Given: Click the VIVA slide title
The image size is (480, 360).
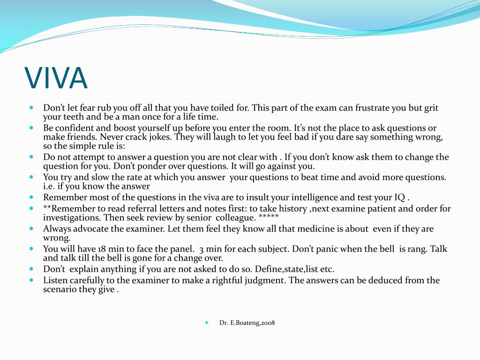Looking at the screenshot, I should pyautogui.click(x=56, y=78).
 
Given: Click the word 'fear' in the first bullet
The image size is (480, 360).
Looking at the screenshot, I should pyautogui.click(x=87, y=108).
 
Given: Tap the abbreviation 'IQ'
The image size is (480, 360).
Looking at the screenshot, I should pyautogui.click(x=399, y=197).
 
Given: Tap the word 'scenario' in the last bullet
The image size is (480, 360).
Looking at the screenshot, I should pyautogui.click(x=59, y=289).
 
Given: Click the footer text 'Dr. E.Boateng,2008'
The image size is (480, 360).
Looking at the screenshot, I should pyautogui.click(x=247, y=322).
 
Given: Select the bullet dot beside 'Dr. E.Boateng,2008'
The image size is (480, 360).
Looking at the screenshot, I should pyautogui.click(x=207, y=322).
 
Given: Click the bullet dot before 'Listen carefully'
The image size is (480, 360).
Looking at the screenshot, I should pyautogui.click(x=31, y=280).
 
